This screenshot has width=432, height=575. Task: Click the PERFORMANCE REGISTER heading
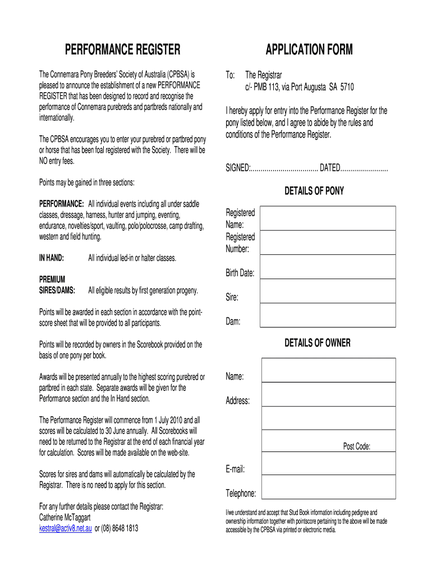[x=123, y=51]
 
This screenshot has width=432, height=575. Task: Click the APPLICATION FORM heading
[x=309, y=51]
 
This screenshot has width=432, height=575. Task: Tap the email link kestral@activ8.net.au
[x=65, y=528]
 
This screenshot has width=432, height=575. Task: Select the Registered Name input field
[x=328, y=218]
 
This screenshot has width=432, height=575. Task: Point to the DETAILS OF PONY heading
[x=314, y=191]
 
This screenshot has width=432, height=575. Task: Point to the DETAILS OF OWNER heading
[x=317, y=343]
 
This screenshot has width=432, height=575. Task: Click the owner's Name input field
[x=328, y=370]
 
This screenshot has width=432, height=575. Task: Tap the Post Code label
[x=356, y=446]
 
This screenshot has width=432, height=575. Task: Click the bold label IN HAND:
[x=51, y=258]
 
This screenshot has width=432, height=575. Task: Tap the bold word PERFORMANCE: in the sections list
[x=62, y=203]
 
